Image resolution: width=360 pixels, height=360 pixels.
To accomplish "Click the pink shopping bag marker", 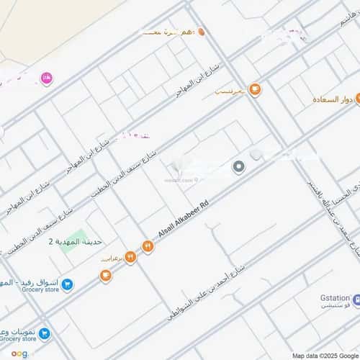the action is coord(47,78).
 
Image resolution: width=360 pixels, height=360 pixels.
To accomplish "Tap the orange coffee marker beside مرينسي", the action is coord(254,89).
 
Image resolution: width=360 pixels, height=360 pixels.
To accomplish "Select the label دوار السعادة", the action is coord(336,99).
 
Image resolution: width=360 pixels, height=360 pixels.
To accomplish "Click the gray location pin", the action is coord(239,167).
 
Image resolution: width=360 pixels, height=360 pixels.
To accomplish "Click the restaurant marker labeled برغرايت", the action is coord(130,256).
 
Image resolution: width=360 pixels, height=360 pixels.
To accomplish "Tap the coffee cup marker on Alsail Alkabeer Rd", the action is coord(106,275).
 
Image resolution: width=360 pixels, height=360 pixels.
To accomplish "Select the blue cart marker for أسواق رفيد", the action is coord(67,285).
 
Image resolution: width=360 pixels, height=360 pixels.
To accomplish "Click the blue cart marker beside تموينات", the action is coord(45,333).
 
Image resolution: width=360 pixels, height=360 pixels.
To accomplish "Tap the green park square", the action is coord(81,236).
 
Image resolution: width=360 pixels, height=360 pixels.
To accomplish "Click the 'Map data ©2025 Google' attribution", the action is coord(324,355).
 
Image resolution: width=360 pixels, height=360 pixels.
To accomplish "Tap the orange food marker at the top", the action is coord(202,32).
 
